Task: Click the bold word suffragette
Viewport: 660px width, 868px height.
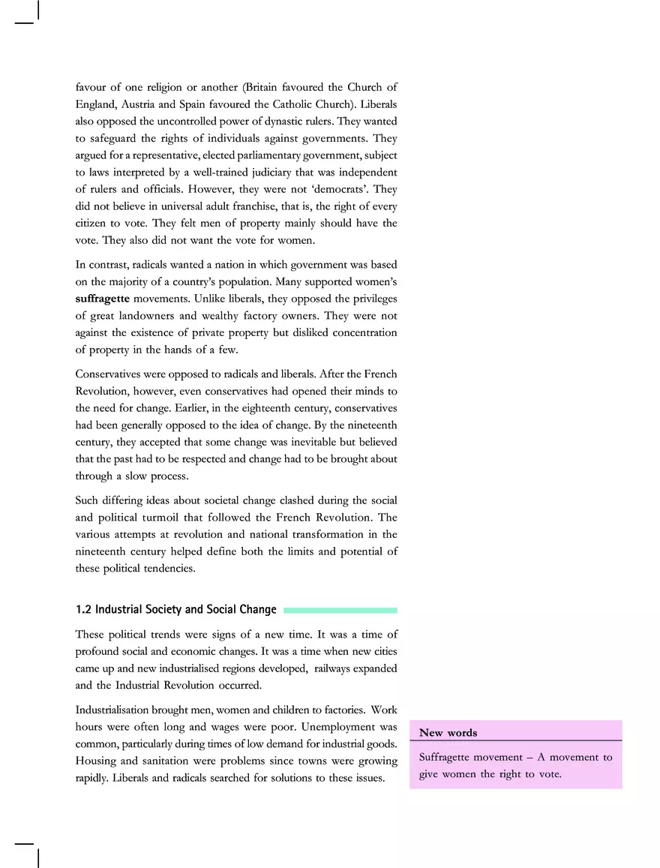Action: coord(102,298)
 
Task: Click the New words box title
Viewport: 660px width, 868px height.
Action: coord(448,733)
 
